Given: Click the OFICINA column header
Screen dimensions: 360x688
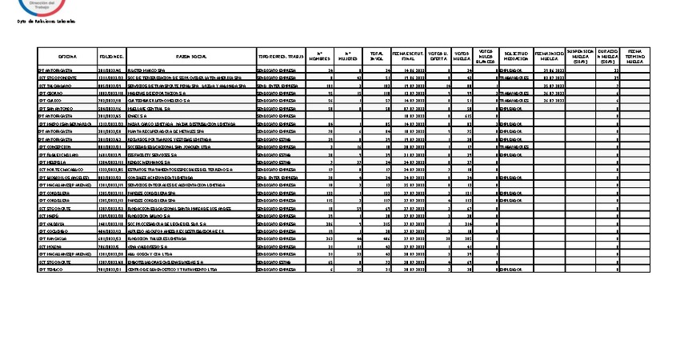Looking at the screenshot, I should click(x=67, y=58).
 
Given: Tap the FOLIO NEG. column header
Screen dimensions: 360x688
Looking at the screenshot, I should click(x=111, y=58).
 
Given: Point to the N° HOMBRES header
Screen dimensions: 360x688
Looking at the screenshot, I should click(x=319, y=57).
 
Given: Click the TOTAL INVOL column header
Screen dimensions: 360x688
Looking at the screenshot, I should click(x=377, y=57).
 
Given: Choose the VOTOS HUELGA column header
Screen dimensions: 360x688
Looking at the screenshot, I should click(x=462, y=57).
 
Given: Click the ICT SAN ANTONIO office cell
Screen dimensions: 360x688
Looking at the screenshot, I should click(x=55, y=109).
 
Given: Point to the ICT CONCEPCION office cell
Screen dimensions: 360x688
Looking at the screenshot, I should click(x=57, y=147).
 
